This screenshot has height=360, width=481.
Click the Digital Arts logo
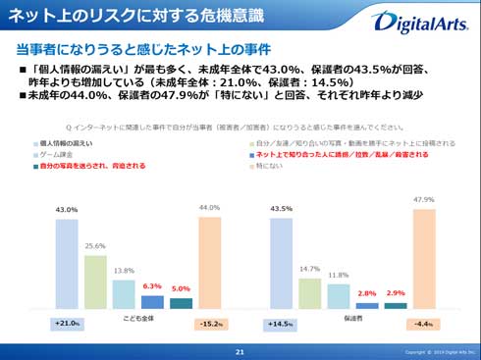coord(424,21)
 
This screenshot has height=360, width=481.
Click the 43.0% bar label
coord(67,210)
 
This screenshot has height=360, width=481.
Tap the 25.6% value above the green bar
coord(95,246)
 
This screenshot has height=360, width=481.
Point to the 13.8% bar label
coord(124,271)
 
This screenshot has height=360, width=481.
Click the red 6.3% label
coord(152,286)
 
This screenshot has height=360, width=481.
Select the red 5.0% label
coord(181,289)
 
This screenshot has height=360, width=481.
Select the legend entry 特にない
coord(271,167)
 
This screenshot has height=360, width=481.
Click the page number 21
coord(240,351)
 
